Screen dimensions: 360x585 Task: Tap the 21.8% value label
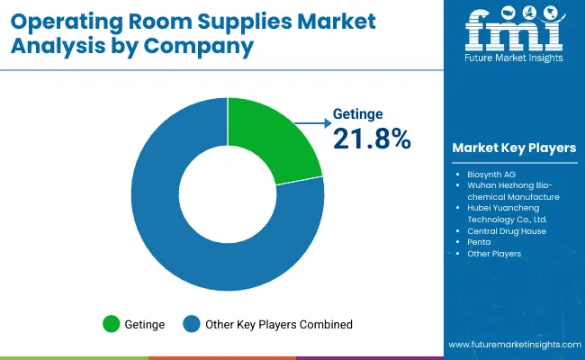click(372, 139)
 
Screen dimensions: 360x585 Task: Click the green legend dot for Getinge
click(112, 324)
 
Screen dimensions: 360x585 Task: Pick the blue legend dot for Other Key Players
click(191, 324)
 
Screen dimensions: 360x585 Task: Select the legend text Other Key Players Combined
click(279, 324)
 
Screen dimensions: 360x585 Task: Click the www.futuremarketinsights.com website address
click(510, 345)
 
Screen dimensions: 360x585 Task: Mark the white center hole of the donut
click(227, 194)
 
